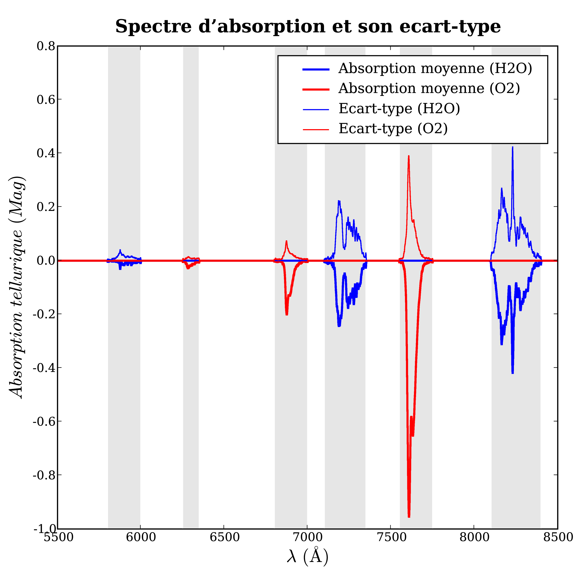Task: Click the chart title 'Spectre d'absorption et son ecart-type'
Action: coord(308,27)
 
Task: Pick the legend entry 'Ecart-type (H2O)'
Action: coord(399,109)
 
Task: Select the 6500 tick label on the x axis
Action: coord(224,537)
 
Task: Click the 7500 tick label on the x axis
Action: coord(391,537)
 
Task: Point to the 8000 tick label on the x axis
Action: coord(474,537)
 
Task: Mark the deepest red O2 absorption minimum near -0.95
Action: coord(409,516)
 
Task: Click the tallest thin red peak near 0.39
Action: coord(409,156)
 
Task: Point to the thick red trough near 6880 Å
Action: coord(287,314)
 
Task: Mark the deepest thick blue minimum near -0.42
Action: coord(513,373)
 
